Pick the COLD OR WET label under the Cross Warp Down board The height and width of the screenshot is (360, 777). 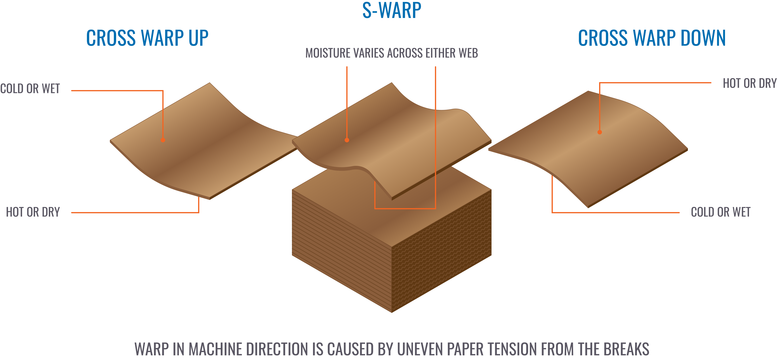coord(721,212)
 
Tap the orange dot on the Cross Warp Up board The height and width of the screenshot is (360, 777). coord(163,140)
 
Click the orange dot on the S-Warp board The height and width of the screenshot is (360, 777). coord(347,140)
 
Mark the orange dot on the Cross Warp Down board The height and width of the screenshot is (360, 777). coord(600,132)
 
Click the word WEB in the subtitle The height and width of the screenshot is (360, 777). coord(468,53)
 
